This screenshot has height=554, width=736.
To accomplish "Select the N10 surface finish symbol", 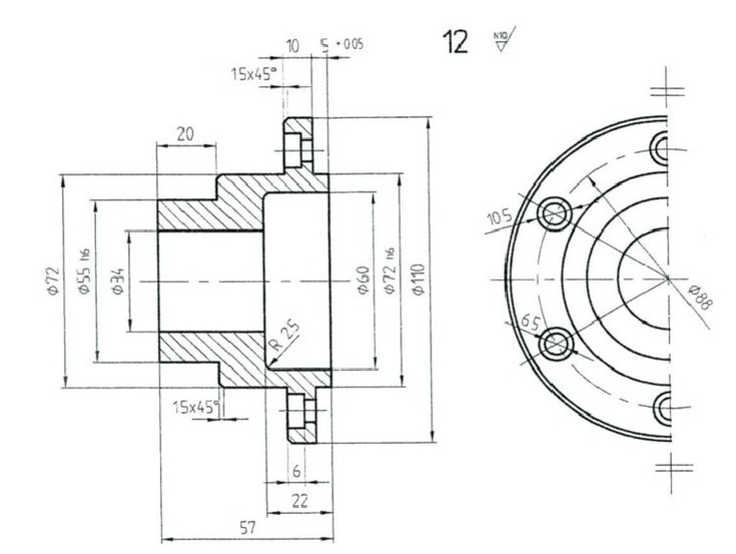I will click(500, 42).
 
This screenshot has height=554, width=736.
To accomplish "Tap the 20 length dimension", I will click(185, 135).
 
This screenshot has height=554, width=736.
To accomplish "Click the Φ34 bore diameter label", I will click(117, 281).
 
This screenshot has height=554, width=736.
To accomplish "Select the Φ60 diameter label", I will click(362, 281).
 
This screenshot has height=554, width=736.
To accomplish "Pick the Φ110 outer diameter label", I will click(418, 281).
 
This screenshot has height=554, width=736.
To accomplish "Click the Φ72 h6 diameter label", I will click(388, 272).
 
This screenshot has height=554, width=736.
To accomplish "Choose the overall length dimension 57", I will click(246, 528).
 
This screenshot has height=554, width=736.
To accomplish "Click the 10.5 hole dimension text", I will click(499, 219).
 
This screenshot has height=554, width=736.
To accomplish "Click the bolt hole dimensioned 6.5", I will click(556, 343).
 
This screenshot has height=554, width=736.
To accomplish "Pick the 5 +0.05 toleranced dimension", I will click(341, 45).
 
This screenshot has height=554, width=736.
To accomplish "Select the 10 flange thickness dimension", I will click(293, 45).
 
